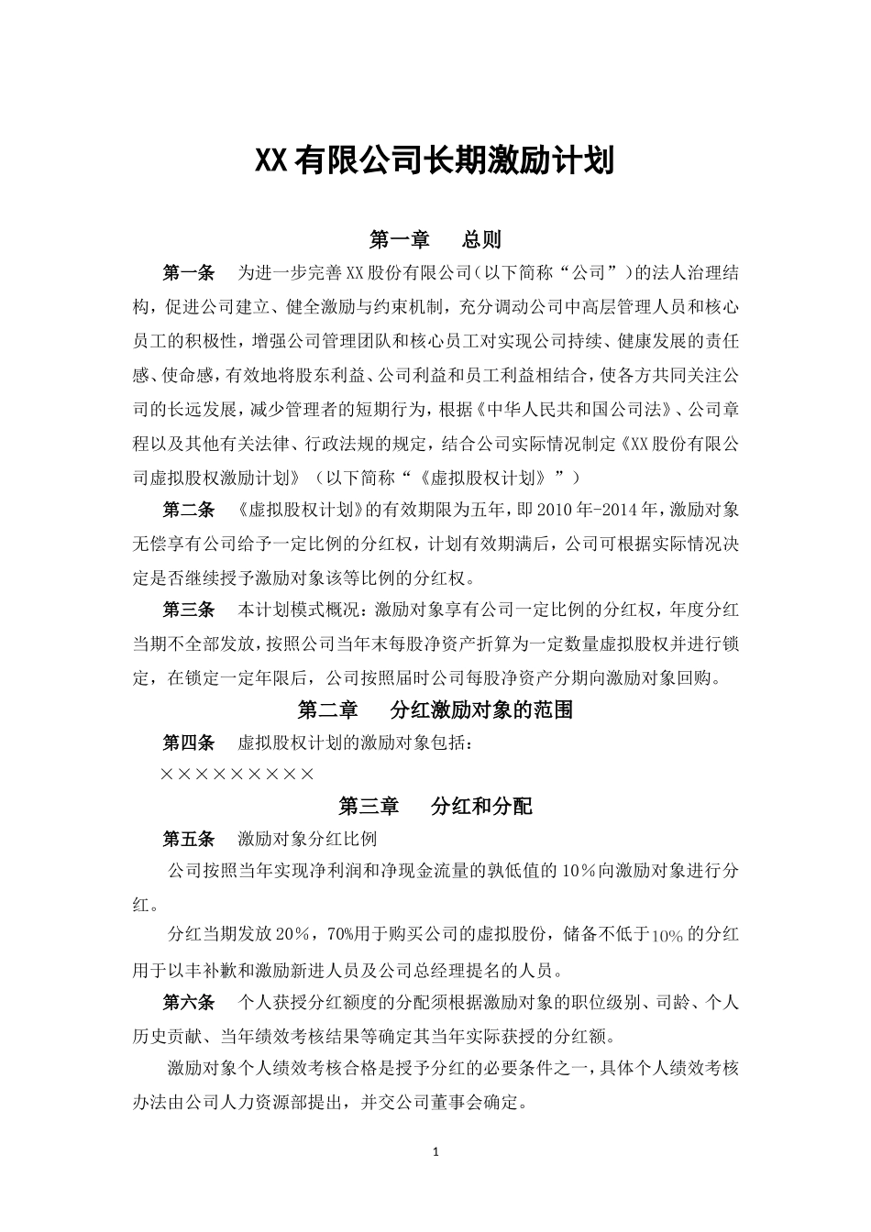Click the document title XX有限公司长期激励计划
coord(434,161)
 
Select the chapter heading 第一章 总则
coord(435,240)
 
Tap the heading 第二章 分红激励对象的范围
coord(435,709)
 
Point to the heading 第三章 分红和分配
coord(435,807)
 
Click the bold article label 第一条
coord(188,272)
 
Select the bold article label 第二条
coord(188,509)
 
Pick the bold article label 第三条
coord(188,610)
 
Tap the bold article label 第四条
coord(188,742)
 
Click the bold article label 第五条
coord(188,839)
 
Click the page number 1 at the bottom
coord(435,1151)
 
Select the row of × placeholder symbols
coord(237,775)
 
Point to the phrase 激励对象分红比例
coord(307,839)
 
